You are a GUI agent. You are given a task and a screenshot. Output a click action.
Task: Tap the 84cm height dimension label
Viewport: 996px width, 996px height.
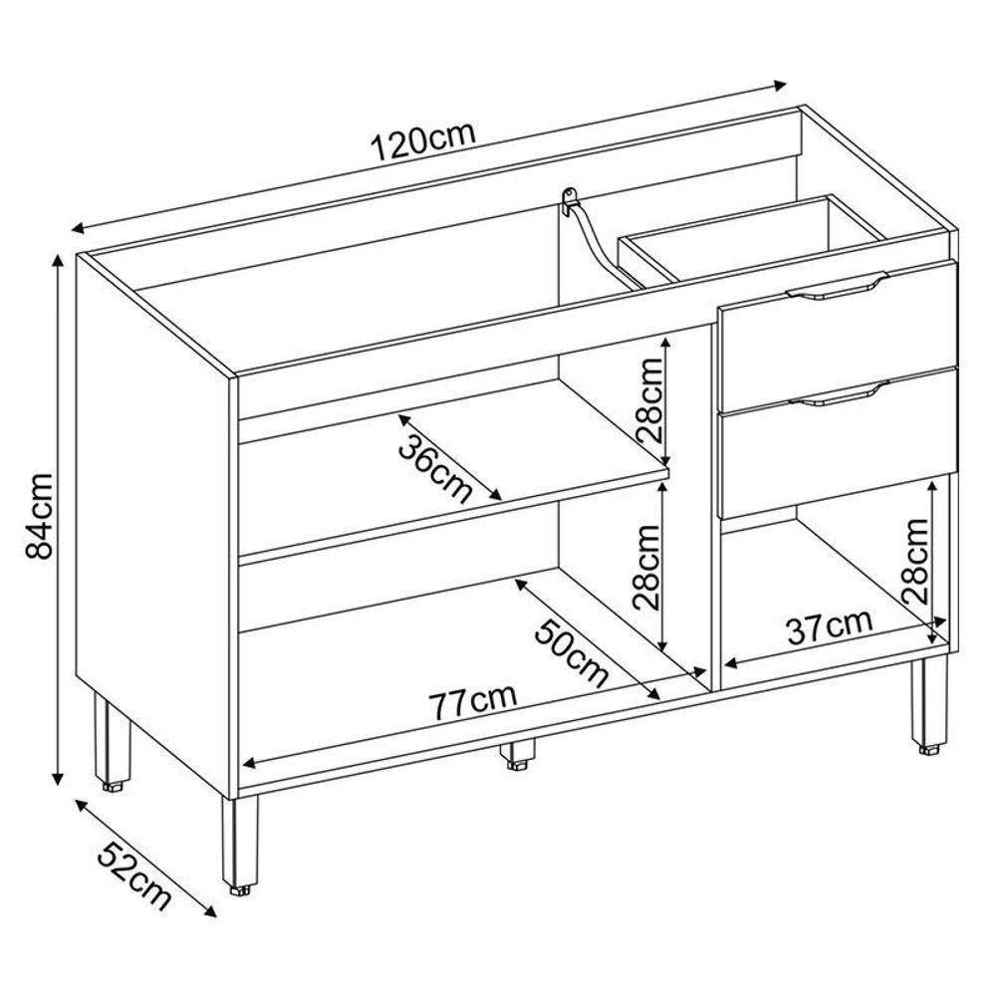[40, 515]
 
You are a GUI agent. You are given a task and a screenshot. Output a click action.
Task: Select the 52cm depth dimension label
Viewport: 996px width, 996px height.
[134, 875]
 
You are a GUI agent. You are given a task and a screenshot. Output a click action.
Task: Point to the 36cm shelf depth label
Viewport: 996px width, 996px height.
[436, 468]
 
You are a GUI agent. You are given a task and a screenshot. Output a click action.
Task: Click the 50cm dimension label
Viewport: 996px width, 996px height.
[571, 654]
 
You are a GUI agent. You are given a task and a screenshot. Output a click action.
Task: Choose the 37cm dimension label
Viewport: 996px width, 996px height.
[830, 626]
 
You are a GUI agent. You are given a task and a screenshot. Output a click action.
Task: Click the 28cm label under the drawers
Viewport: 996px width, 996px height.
[915, 561]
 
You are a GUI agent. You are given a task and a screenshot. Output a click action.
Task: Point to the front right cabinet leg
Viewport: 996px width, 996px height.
[928, 706]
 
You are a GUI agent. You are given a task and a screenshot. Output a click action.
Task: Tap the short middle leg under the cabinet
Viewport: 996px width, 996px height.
[517, 754]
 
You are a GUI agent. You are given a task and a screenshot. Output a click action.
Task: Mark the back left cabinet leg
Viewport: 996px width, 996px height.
[113, 741]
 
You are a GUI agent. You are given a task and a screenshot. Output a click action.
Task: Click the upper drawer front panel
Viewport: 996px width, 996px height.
[838, 337]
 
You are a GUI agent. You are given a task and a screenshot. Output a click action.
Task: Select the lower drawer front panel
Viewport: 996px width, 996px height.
[838, 444]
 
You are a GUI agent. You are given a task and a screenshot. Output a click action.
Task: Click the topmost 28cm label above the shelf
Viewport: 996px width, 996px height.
[648, 400]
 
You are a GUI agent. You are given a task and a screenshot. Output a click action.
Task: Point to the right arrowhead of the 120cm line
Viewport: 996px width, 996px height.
[779, 85]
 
